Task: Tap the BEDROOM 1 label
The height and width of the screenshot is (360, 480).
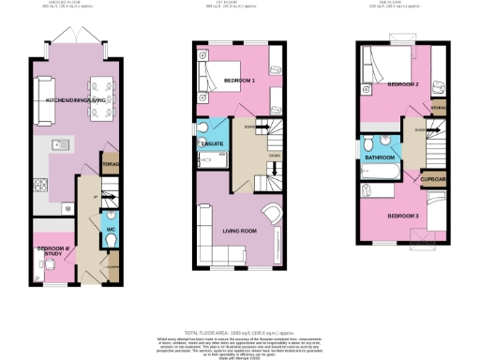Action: [241, 82]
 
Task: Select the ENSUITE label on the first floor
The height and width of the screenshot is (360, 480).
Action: [211, 144]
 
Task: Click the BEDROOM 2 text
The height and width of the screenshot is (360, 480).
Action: [403, 84]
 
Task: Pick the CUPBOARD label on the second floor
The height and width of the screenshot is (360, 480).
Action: [433, 177]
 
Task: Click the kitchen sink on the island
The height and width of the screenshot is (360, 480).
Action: [57, 144]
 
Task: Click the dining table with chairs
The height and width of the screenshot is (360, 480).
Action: [100, 97]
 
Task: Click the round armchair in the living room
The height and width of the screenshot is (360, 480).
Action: [271, 215]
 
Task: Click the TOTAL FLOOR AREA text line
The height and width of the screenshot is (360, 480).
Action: [240, 333]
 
